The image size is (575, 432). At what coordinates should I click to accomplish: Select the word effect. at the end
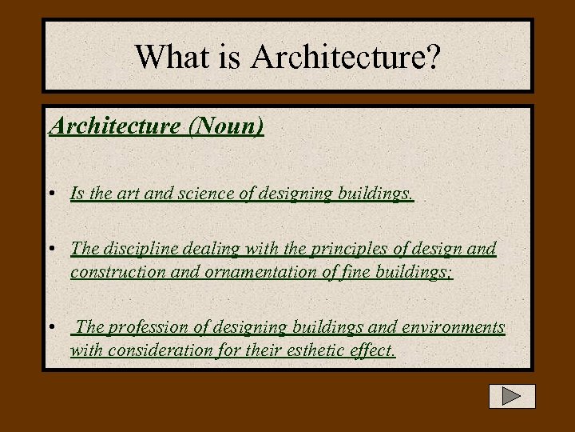click(x=372, y=350)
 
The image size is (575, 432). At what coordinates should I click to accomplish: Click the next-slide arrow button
click(x=512, y=396)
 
